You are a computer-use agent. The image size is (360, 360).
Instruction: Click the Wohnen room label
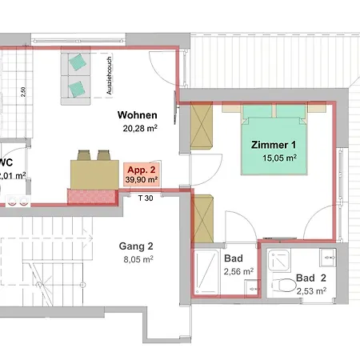pyautogui.click(x=138, y=115)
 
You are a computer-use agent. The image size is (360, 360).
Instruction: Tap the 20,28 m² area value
pyautogui.click(x=140, y=128)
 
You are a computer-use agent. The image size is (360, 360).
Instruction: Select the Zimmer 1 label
pyautogui.click(x=274, y=145)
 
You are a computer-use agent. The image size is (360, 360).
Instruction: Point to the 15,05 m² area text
pyautogui.click(x=279, y=158)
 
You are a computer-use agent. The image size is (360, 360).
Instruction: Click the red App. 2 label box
pyautogui.click(x=142, y=175)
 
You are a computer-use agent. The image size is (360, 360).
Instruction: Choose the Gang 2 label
pyautogui.click(x=136, y=246)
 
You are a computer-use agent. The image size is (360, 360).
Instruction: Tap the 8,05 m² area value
pyautogui.click(x=138, y=259)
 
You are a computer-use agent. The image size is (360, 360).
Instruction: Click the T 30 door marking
pyautogui.click(x=146, y=198)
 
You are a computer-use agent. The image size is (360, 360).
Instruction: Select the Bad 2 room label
pyautogui.click(x=311, y=278)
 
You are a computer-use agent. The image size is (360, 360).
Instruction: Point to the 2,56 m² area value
pyautogui.click(x=238, y=271)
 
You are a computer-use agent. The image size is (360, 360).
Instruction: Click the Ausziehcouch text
pyautogui.click(x=109, y=75)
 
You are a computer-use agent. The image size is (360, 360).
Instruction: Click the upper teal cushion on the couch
pyautogui.click(x=78, y=62)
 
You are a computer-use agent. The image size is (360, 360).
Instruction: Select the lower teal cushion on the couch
pyautogui.click(x=77, y=90)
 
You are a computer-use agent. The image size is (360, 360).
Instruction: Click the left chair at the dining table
pyautogui.click(x=84, y=155)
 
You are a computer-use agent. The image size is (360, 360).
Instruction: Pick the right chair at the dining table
pyautogui.click(x=104, y=155)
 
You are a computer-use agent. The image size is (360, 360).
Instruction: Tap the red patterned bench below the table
pyautogui.click(x=92, y=197)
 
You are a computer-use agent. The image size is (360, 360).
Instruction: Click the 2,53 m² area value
pyautogui.click(x=311, y=291)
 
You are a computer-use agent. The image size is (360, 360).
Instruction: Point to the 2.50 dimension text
pyautogui.click(x=23, y=92)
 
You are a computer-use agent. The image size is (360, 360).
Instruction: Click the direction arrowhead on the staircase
pyautogui.click(x=90, y=238)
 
